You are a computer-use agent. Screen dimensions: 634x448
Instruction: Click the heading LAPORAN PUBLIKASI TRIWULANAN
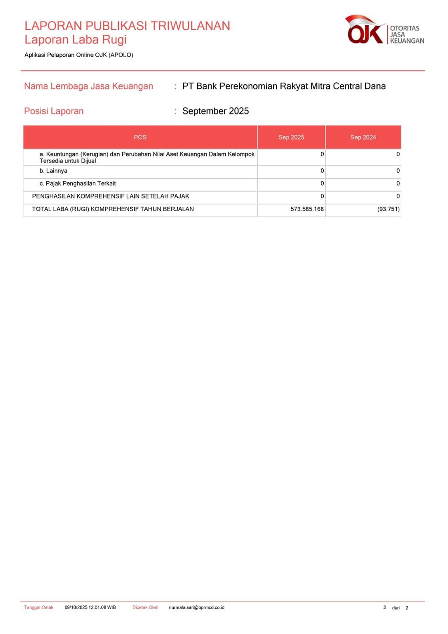(127, 26)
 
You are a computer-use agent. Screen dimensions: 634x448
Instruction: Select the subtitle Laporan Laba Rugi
(76, 40)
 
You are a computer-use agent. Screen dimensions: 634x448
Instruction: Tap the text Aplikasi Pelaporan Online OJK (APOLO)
(79, 55)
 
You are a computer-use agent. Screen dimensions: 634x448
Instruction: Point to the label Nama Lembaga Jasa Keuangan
(88, 86)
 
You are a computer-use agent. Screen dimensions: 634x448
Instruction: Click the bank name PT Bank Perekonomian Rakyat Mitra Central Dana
(284, 86)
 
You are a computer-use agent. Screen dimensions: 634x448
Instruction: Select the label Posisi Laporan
(54, 111)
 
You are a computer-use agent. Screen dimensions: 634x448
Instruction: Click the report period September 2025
(215, 111)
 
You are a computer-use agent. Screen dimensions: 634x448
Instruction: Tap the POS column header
(140, 137)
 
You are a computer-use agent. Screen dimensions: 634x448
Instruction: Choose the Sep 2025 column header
(291, 137)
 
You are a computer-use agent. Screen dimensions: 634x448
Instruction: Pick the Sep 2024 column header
(363, 137)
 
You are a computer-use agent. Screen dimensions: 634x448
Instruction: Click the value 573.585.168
(307, 209)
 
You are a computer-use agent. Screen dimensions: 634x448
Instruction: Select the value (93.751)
(388, 209)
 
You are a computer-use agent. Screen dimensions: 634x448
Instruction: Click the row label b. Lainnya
(53, 171)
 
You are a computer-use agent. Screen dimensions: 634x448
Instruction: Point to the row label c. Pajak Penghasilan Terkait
(78, 184)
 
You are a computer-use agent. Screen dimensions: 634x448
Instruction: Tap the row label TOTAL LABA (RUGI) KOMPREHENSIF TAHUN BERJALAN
(113, 209)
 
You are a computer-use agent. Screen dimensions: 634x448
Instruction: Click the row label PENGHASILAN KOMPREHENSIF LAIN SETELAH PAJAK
(110, 197)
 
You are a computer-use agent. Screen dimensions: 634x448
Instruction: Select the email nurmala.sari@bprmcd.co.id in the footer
(196, 607)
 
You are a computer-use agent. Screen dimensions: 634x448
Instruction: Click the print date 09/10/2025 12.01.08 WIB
(90, 607)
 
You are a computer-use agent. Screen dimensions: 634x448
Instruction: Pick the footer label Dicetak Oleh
(145, 607)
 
